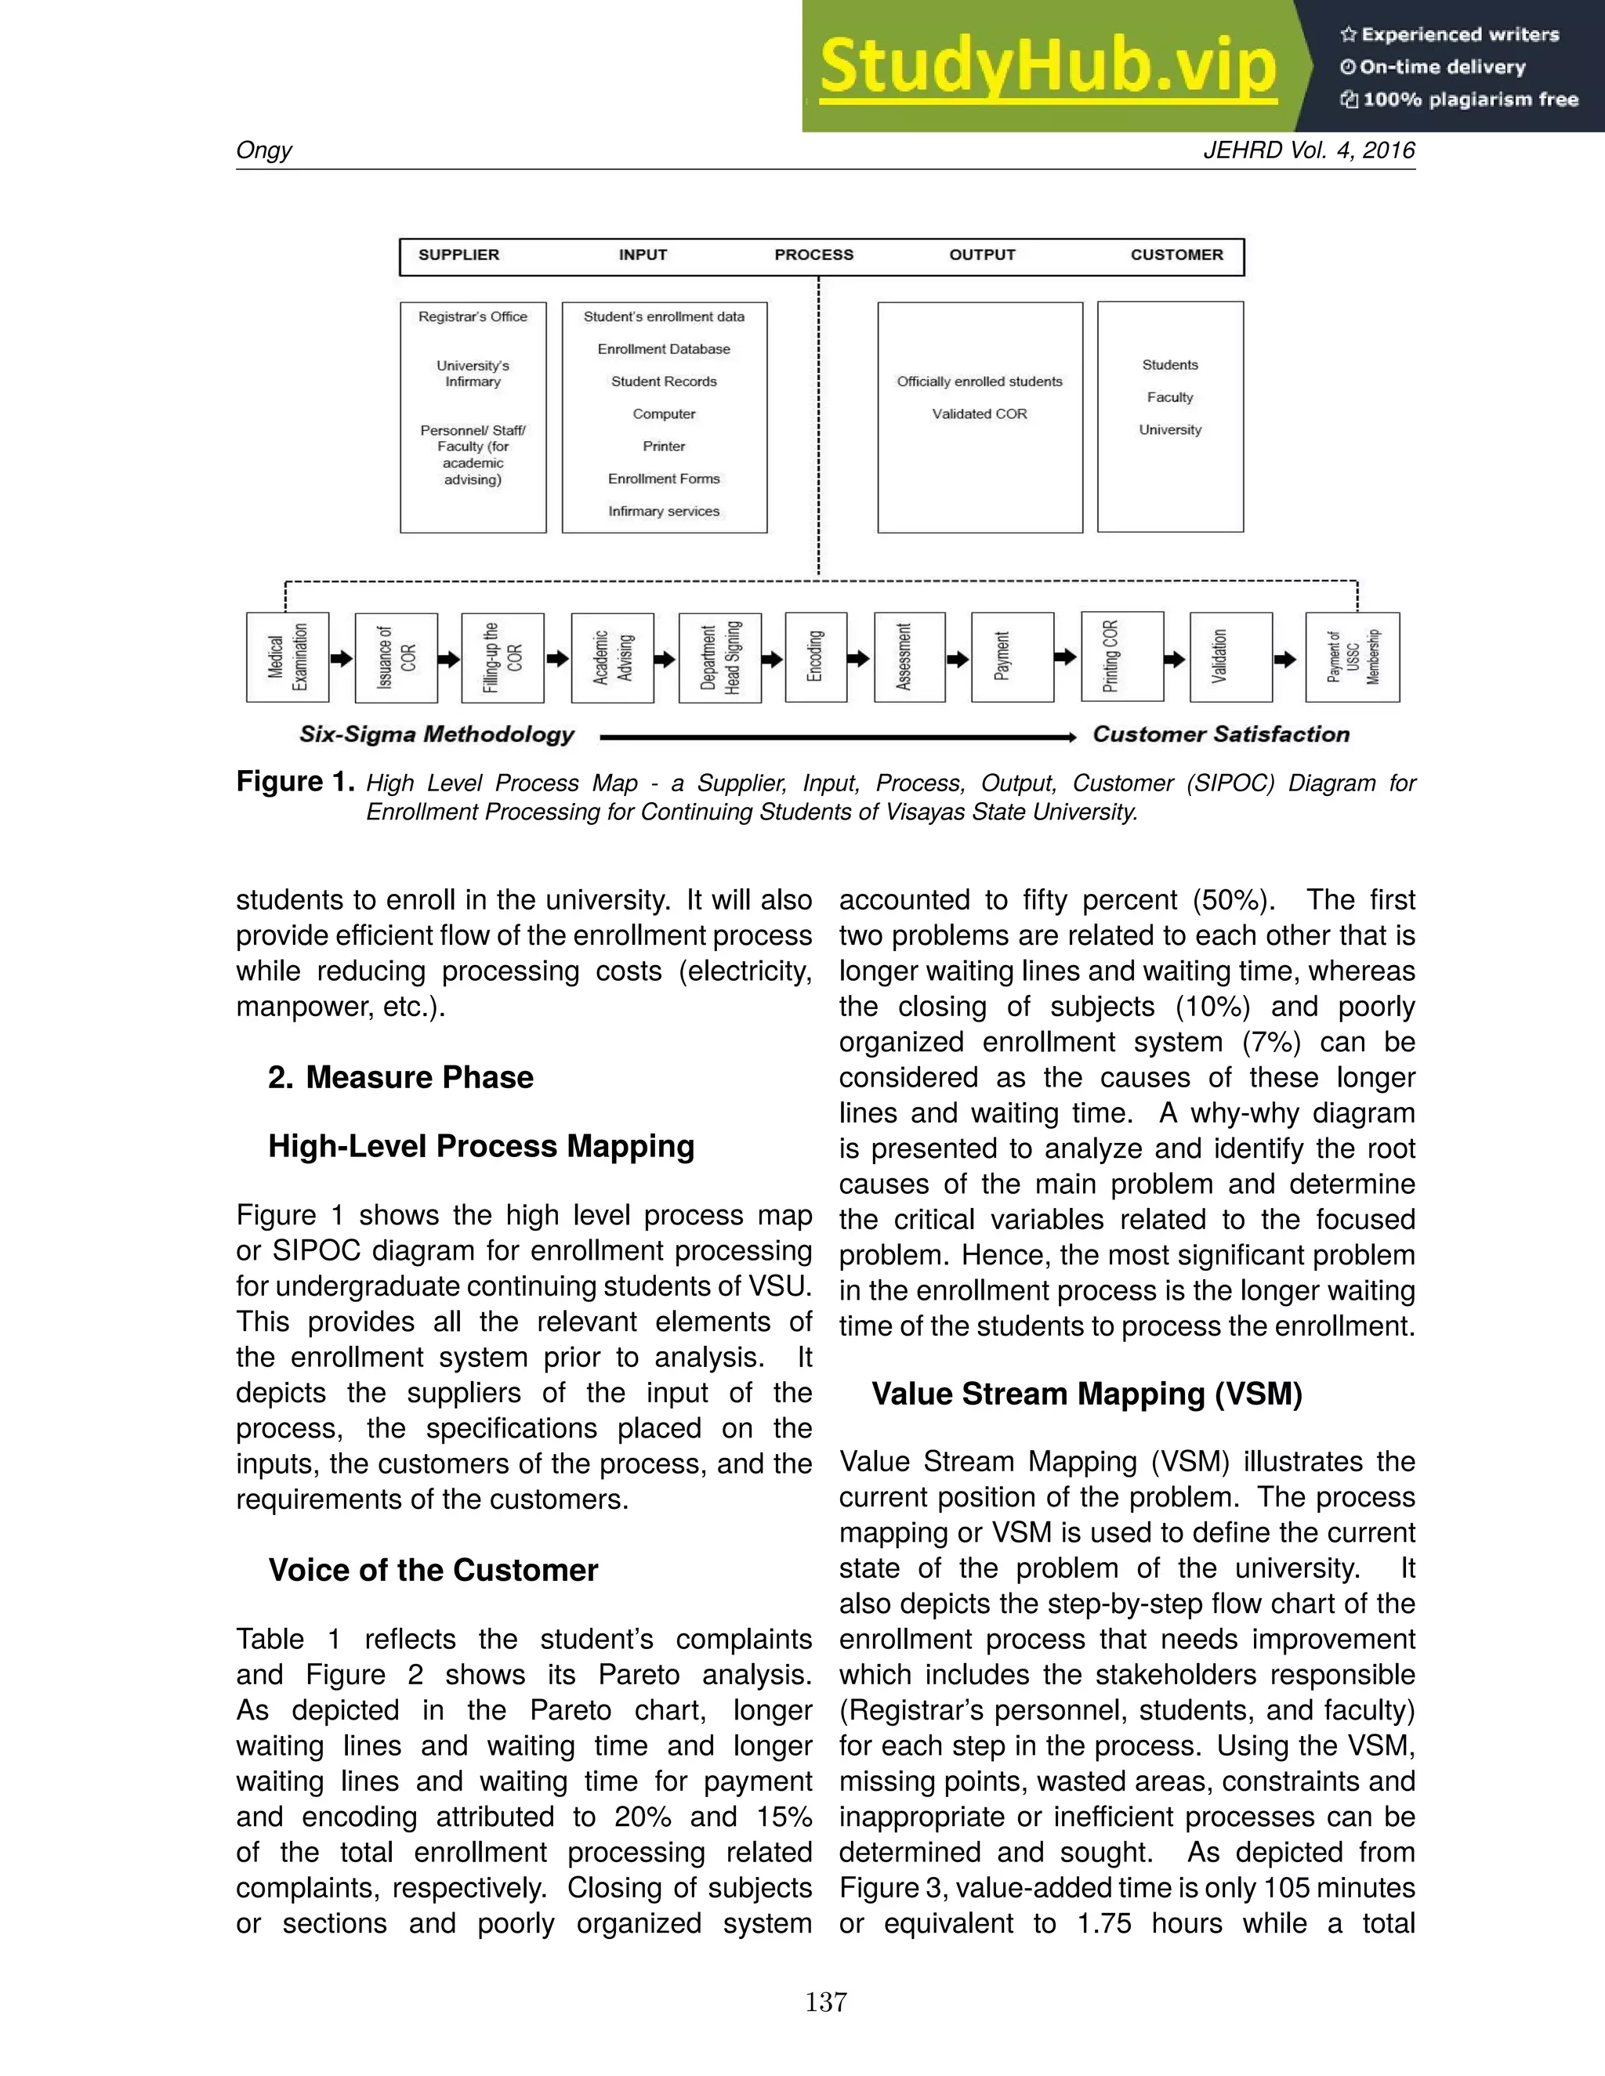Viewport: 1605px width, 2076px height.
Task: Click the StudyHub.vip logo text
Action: (1047, 67)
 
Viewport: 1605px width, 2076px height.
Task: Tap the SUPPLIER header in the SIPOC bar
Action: (458, 255)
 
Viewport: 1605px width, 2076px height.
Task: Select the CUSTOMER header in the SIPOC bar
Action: (1176, 255)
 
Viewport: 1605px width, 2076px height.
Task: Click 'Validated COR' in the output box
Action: (980, 414)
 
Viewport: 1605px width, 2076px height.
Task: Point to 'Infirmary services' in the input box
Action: (664, 512)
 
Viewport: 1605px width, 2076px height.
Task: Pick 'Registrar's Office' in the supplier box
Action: (473, 316)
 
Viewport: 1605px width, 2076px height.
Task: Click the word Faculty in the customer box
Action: (1169, 397)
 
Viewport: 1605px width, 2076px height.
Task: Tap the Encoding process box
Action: (816, 656)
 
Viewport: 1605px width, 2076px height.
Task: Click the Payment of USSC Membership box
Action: (1352, 656)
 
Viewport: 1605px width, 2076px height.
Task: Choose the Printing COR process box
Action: (1122, 656)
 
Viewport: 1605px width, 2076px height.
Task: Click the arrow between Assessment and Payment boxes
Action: (958, 658)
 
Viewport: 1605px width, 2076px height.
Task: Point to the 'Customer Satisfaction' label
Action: (1221, 734)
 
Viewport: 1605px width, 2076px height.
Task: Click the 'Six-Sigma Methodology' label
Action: (437, 734)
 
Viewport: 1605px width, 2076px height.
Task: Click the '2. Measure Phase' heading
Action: (400, 1077)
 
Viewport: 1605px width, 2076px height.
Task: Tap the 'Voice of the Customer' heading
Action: (433, 1569)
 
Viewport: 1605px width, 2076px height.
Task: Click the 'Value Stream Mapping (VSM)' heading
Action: (1087, 1394)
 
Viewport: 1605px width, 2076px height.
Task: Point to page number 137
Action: (825, 2002)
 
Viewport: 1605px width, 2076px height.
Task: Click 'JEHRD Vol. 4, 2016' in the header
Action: (1308, 150)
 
